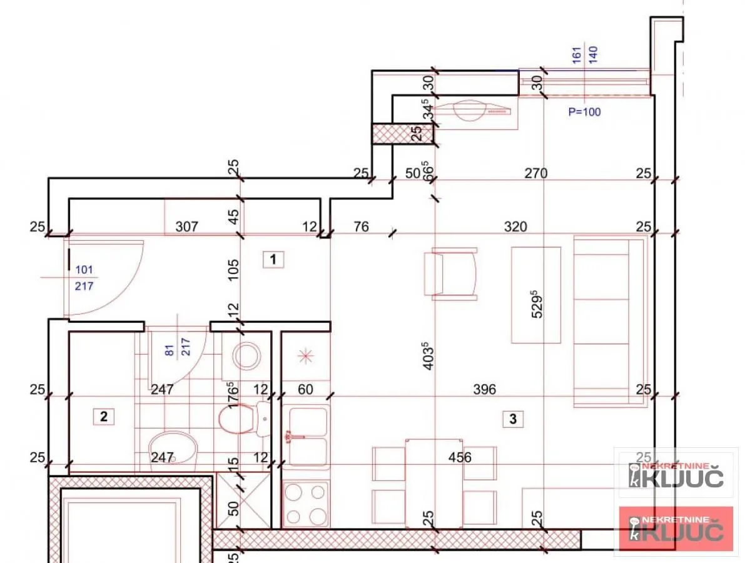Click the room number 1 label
point(273,259)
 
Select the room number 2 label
point(104,416)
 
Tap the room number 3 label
point(513,419)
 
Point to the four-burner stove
point(306,505)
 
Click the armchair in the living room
point(450,273)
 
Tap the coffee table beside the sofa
point(536,295)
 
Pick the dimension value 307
point(187,226)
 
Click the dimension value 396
point(484,389)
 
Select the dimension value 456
point(459,457)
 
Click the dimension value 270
point(536,173)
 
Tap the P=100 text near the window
point(584,112)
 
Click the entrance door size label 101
point(84,270)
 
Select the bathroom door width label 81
point(169,352)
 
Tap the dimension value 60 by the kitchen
point(305,390)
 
